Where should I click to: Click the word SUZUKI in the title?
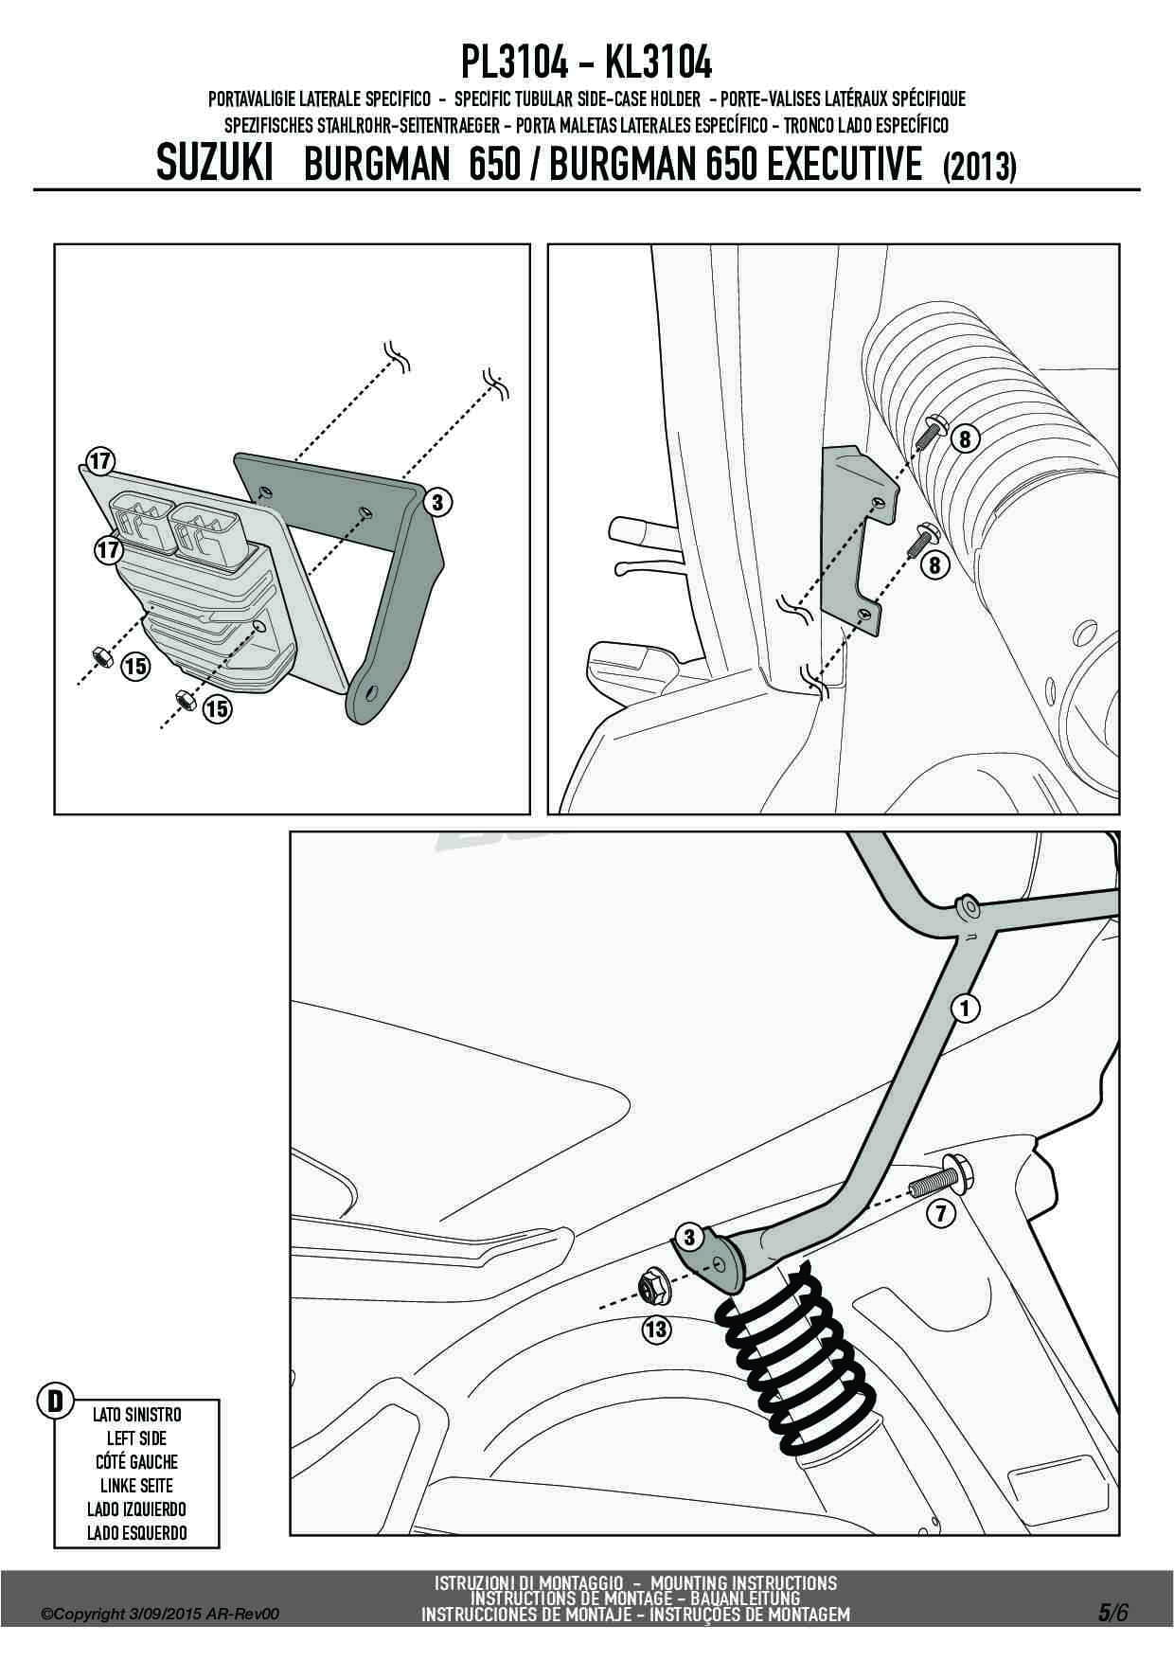[214, 164]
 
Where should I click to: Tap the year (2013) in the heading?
[979, 167]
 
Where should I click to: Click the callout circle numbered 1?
[965, 1009]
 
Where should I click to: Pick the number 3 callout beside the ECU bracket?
[436, 503]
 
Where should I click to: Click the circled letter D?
[55, 1400]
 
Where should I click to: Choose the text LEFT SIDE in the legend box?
[136, 1438]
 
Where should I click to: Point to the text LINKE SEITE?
[136, 1485]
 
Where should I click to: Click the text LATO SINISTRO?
[136, 1415]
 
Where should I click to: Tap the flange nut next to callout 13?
[652, 1286]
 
